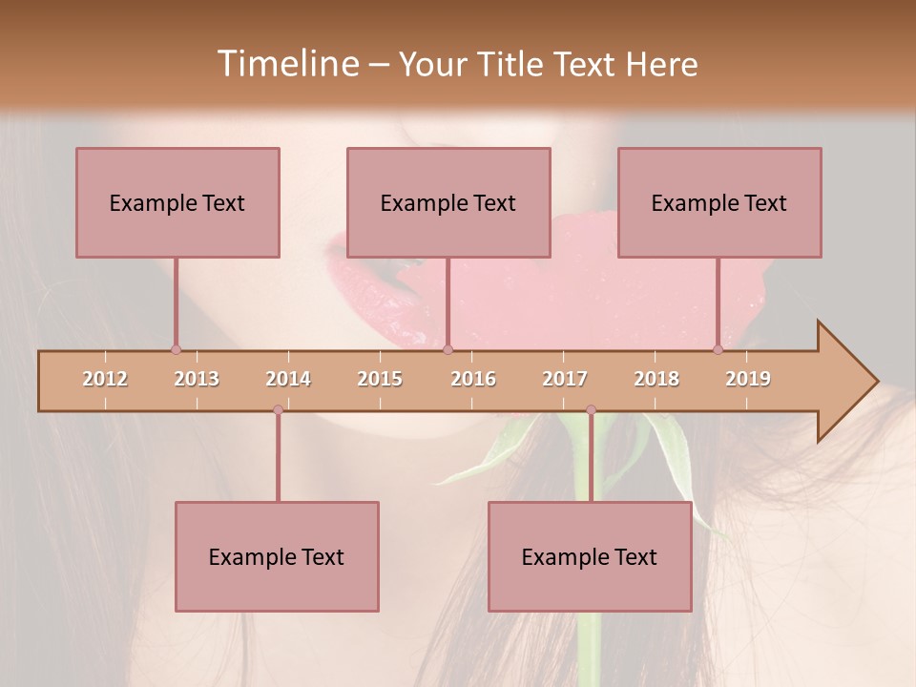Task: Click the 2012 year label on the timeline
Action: point(105,379)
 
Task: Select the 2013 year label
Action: point(197,379)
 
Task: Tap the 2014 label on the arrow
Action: point(288,379)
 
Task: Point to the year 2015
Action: point(380,379)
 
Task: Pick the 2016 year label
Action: point(473,379)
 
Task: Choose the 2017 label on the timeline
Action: point(565,379)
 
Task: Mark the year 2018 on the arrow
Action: point(656,379)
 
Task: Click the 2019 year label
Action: point(748,379)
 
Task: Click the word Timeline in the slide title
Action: point(285,64)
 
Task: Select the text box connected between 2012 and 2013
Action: point(177,202)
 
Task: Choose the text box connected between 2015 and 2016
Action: point(448,202)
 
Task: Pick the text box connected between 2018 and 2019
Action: point(719,202)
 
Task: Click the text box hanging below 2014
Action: point(277,556)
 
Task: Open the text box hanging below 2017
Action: point(590,556)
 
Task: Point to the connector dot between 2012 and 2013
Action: point(176,349)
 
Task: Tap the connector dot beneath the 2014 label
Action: point(278,410)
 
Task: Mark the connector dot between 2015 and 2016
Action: point(448,349)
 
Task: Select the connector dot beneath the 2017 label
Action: point(591,410)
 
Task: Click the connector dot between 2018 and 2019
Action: point(718,349)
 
